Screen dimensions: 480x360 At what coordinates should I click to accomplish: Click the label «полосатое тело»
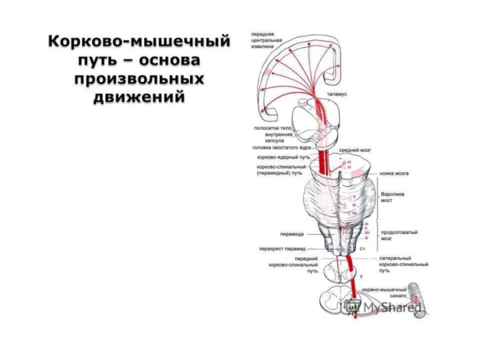pyautogui.click(x=273, y=128)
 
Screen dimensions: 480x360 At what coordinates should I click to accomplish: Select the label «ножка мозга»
pyautogui.click(x=394, y=173)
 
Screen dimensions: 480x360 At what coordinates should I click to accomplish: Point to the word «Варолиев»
pyautogui.click(x=394, y=194)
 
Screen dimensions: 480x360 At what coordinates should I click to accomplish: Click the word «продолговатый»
pyautogui.click(x=400, y=232)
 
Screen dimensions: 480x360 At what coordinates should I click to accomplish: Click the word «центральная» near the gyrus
pyautogui.click(x=267, y=40)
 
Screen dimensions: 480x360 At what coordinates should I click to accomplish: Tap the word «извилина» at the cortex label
pyautogui.click(x=264, y=47)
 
